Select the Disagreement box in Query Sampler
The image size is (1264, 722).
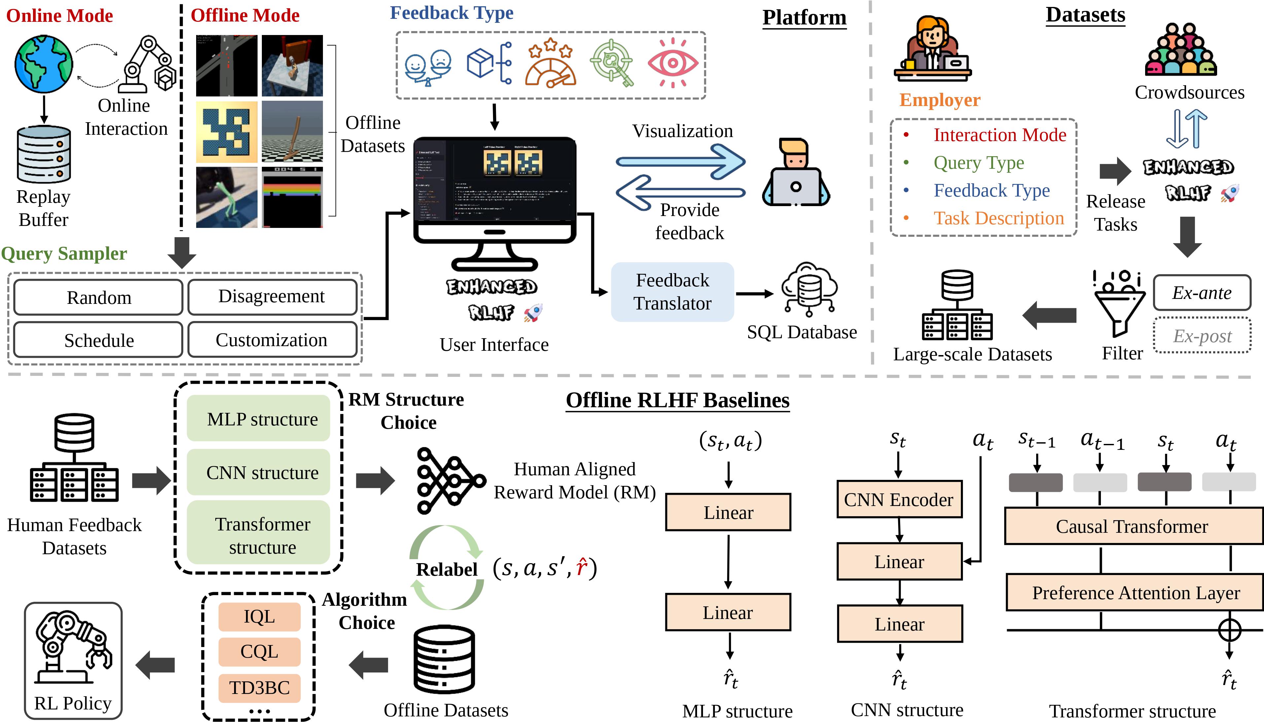point(272,297)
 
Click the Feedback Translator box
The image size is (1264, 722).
point(672,292)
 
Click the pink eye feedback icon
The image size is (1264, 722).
point(673,63)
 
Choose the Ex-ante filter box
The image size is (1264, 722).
point(1202,293)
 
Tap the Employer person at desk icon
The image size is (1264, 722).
point(932,50)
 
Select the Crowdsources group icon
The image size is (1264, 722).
point(1181,50)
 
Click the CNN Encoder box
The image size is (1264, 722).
point(899,500)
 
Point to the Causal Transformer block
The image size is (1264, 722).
point(1132,526)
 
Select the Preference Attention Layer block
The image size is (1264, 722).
point(1135,593)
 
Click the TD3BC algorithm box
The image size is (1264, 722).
point(259,688)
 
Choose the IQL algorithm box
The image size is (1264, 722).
point(259,616)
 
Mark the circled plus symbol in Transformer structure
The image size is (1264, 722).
point(1229,630)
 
